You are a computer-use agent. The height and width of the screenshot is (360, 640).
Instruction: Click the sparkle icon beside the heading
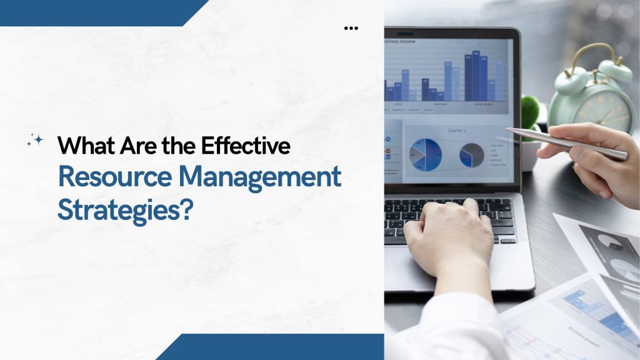click(x=35, y=141)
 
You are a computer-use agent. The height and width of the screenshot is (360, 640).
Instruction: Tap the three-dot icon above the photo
click(x=351, y=28)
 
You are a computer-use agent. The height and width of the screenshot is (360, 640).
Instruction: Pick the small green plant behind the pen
click(x=531, y=109)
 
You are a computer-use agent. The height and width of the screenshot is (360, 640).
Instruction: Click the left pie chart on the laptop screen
click(x=425, y=153)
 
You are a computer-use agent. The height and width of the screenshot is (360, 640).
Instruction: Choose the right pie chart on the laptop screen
click(x=472, y=154)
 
